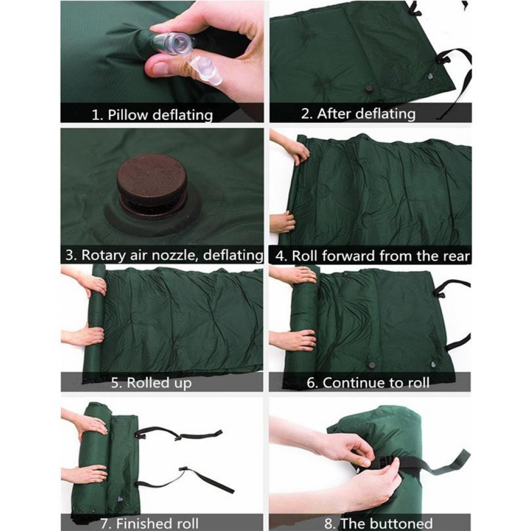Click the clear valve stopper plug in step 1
(207, 71)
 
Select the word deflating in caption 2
(386, 114)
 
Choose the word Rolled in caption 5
(148, 383)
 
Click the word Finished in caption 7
(140, 524)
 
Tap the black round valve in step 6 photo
(373, 365)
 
